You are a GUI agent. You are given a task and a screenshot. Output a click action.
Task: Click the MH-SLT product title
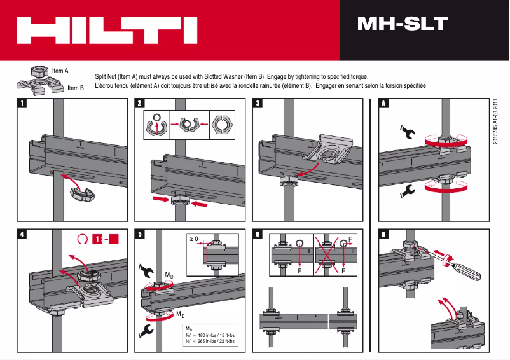point(402,24)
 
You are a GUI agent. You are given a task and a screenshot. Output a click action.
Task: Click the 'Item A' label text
point(60,71)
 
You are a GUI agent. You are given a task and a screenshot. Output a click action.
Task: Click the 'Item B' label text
point(76,88)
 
